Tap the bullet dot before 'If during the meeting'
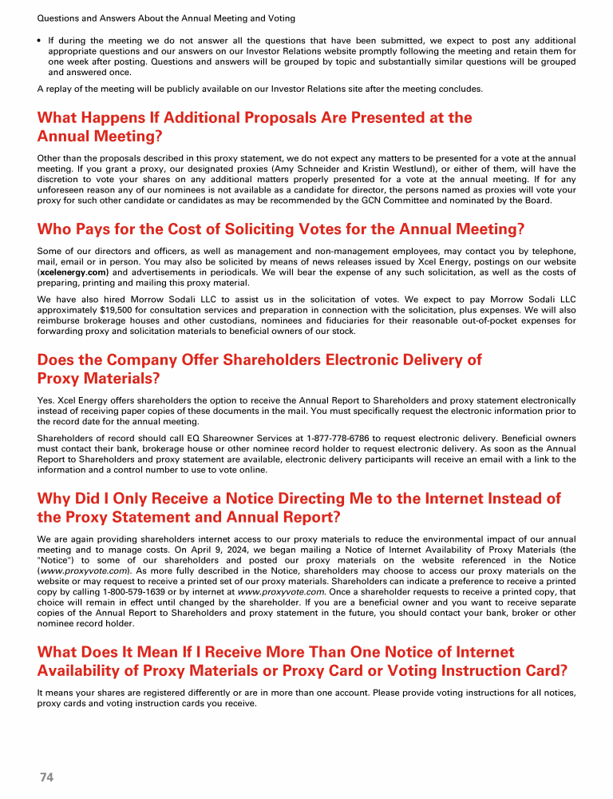point(40,40)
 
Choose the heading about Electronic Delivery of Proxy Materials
point(259,368)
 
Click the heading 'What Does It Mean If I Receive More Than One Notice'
point(302,662)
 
